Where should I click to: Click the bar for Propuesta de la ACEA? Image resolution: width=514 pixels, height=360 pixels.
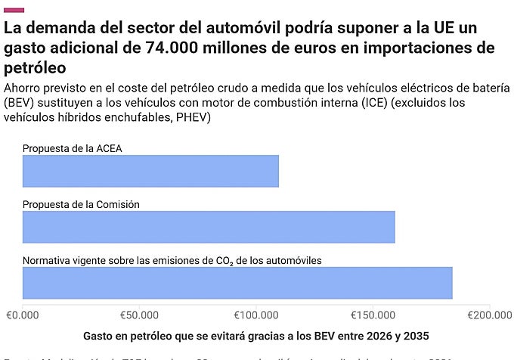point(150,171)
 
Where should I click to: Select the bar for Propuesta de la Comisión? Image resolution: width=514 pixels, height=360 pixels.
point(209,227)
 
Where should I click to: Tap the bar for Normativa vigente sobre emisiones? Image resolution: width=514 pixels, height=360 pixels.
point(237,283)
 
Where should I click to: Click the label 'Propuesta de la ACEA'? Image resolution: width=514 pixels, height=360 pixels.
point(72,148)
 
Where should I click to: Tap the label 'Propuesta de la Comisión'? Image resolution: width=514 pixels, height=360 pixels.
point(81,204)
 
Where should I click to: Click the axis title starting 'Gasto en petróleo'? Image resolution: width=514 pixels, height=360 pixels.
point(256,335)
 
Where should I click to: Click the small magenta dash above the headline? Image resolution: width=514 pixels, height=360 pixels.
point(14,10)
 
